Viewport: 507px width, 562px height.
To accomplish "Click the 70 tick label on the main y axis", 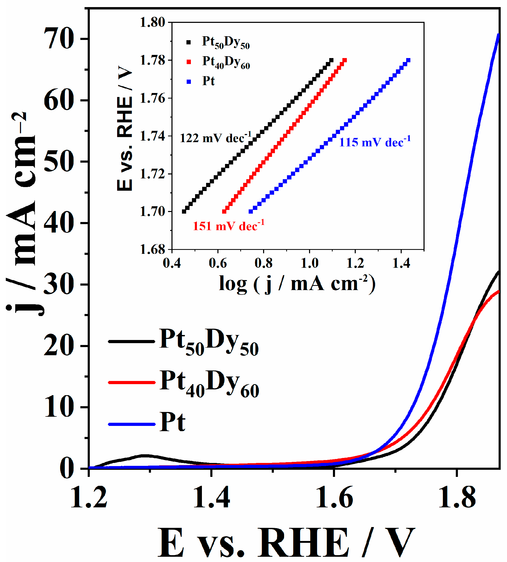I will (x=59, y=39).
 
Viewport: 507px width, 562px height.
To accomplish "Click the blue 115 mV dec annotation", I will (x=375, y=142).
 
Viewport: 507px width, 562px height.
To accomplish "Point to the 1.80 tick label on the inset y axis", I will (x=152, y=22).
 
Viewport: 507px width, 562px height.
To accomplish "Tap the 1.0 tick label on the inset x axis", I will (x=309, y=263).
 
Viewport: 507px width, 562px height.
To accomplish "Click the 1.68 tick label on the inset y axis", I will (x=152, y=250).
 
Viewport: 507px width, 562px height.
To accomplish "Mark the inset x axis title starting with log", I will (x=297, y=284).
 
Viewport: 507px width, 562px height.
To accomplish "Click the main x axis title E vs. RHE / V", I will (x=287, y=544).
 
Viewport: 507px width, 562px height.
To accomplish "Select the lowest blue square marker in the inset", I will (x=251, y=212).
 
